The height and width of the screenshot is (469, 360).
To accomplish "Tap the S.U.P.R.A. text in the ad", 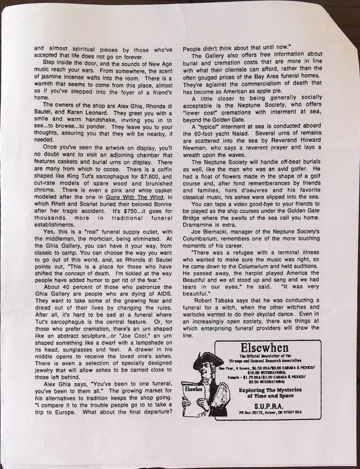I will click(x=267, y=406).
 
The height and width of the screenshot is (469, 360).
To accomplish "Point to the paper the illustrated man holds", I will click(x=192, y=395).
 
